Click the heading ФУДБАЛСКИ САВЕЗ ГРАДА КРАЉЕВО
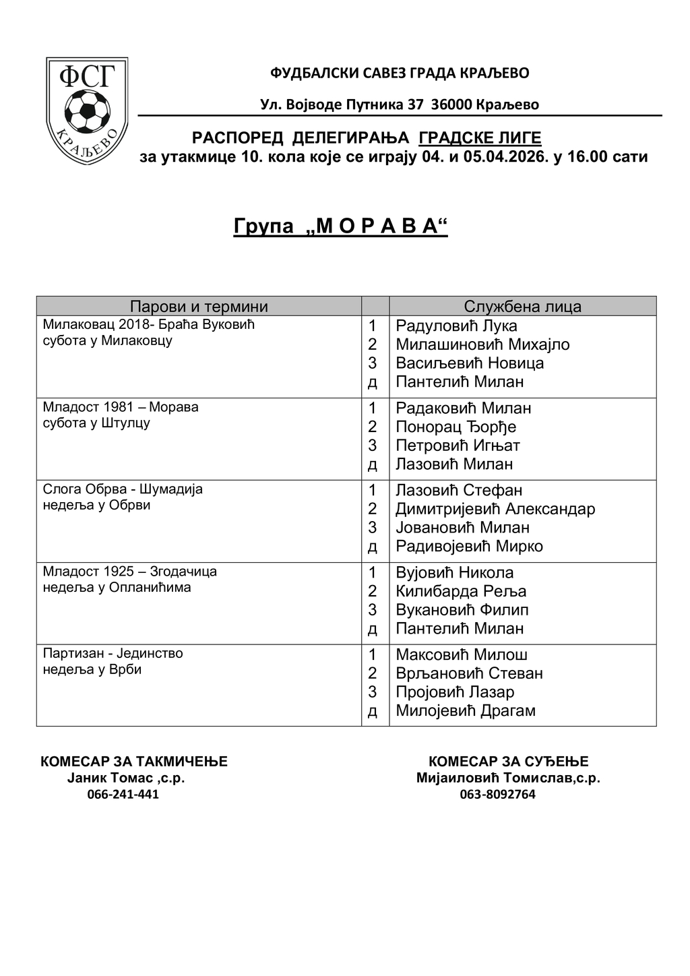(x=400, y=73)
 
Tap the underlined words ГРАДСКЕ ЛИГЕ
(x=480, y=138)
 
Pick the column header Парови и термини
(x=199, y=307)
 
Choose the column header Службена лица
(x=522, y=307)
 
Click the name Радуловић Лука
(x=456, y=326)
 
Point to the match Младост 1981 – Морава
(x=121, y=407)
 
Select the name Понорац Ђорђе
(x=456, y=427)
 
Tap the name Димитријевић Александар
(x=495, y=509)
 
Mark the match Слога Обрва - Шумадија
(x=123, y=489)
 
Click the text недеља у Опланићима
(x=117, y=587)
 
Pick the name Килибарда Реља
(x=461, y=591)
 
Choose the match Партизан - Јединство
(x=113, y=653)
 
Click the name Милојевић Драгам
(x=466, y=710)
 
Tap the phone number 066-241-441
(x=123, y=794)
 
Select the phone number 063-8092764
(x=498, y=794)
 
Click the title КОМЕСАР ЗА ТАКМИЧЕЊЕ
(x=134, y=762)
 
